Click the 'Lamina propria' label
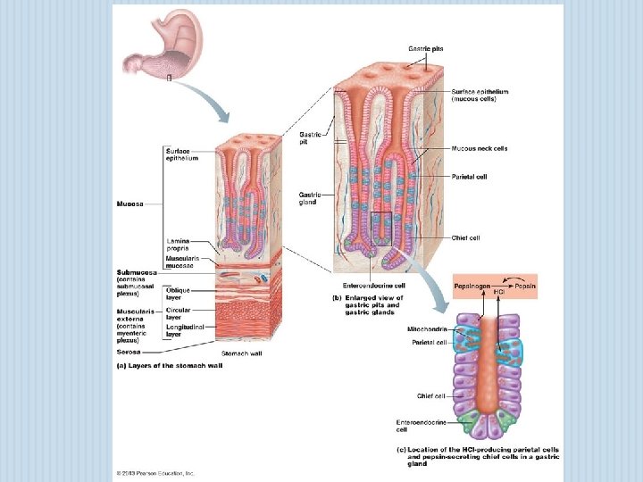pyautogui.click(x=177, y=244)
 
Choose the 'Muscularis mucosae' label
pyautogui.click(x=182, y=260)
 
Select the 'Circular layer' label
pyautogui.click(x=180, y=313)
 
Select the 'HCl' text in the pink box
pyautogui.click(x=499, y=291)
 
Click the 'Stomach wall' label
pyautogui.click(x=242, y=353)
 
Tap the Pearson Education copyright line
pyautogui.click(x=155, y=473)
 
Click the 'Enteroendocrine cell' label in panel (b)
pyautogui.click(x=368, y=286)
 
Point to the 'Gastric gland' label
pyautogui.click(x=310, y=197)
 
